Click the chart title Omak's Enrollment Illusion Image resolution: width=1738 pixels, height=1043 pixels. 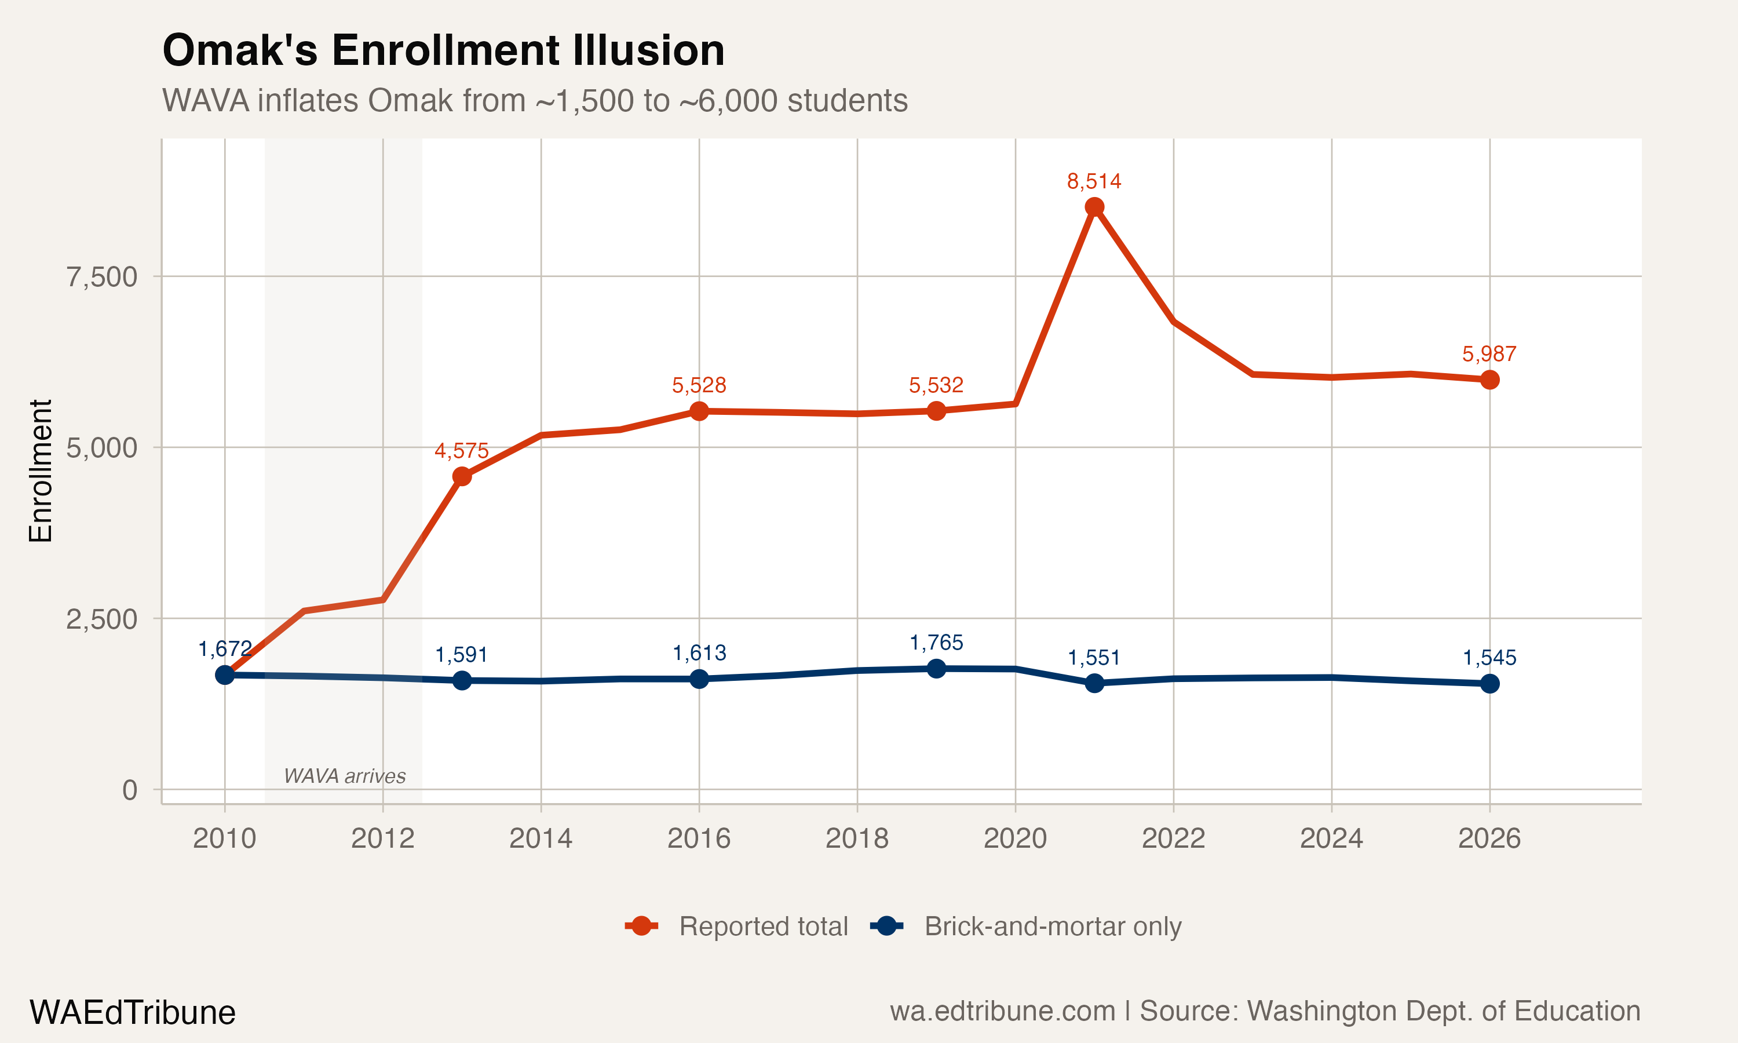tap(443, 50)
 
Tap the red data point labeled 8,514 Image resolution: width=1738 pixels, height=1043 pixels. tap(1094, 207)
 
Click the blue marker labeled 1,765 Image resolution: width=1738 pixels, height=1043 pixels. tap(936, 669)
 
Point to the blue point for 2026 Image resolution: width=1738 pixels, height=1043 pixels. tap(1489, 684)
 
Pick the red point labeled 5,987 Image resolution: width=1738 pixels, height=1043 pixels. tap(1489, 380)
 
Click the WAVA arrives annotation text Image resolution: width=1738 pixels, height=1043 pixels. tap(344, 776)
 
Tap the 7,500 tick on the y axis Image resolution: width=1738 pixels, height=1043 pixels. tap(102, 277)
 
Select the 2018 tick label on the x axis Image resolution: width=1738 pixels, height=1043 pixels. tap(856, 838)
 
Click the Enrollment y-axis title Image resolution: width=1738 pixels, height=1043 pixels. tap(41, 471)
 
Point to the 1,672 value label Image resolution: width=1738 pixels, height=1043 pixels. tap(225, 649)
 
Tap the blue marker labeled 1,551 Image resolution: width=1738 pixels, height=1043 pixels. tap(1094, 683)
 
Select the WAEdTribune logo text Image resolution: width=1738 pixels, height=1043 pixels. tap(132, 1013)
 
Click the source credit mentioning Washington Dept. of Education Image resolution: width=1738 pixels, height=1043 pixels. tap(1265, 1011)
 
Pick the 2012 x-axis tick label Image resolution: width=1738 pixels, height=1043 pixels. tap(382, 838)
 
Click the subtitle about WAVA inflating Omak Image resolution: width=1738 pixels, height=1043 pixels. tap(535, 100)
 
